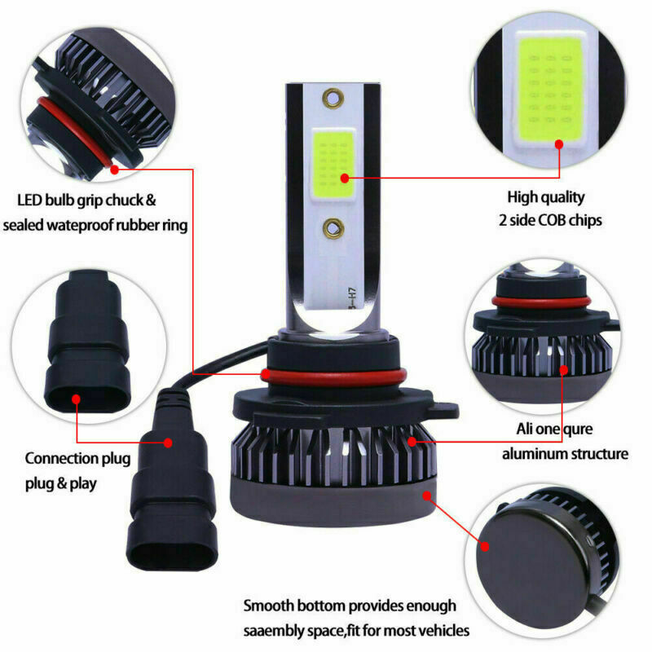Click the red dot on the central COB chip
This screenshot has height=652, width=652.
coord(345,177)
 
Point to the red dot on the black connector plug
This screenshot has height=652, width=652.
coord(169,443)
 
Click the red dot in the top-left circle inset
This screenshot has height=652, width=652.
coord(115,170)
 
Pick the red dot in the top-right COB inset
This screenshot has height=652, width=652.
coord(560,144)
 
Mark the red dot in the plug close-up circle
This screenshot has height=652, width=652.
coord(76,399)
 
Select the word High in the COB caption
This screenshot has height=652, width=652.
coord(523,196)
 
